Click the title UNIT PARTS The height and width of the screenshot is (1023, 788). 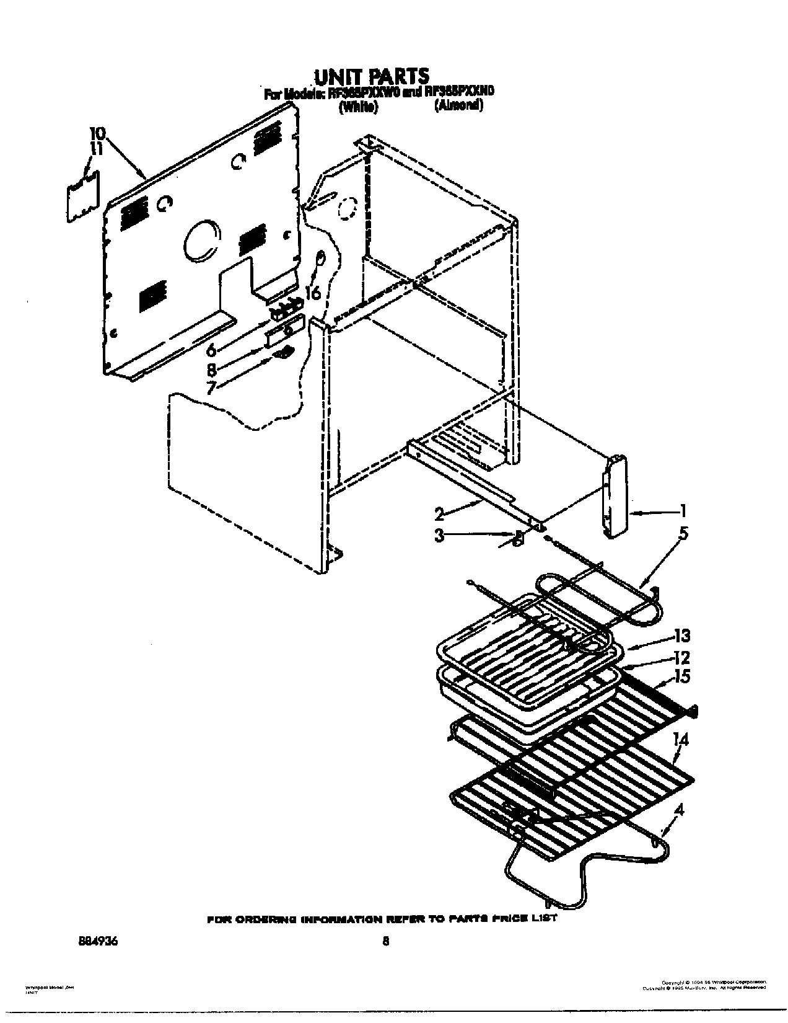[372, 76]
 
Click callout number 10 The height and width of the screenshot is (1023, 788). [97, 133]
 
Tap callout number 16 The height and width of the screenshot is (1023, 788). [313, 292]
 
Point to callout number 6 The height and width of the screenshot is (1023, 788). [211, 350]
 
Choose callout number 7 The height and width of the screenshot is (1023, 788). [211, 388]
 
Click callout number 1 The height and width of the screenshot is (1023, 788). [682, 511]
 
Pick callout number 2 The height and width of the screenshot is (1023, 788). [440, 513]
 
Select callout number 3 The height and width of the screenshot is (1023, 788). [439, 535]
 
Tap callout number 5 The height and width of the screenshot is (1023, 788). [683, 533]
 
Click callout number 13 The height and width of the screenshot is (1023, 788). [681, 636]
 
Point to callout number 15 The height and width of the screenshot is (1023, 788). [682, 676]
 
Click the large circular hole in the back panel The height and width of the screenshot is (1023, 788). [202, 242]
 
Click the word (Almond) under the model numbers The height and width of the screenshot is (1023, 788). [458, 106]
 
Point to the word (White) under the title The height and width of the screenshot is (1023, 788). [358, 107]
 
